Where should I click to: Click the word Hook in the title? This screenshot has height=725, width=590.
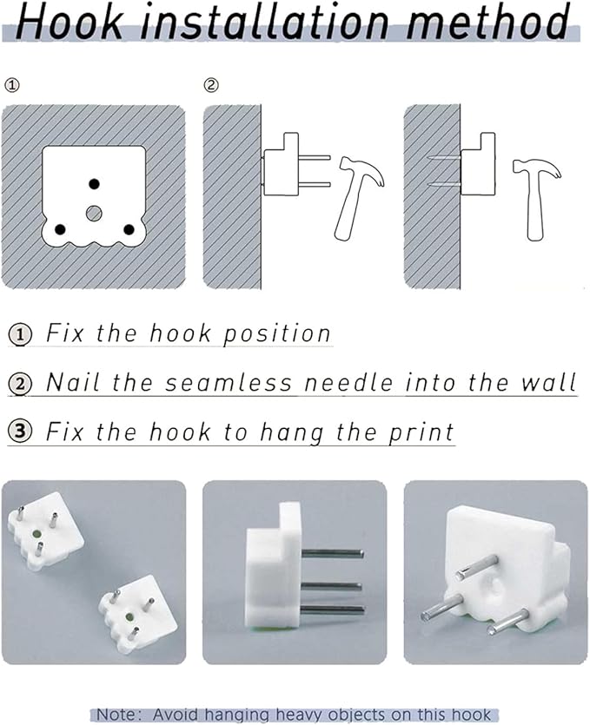point(70,21)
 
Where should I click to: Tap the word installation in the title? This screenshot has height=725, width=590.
point(264,21)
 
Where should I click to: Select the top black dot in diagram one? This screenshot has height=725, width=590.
point(94,184)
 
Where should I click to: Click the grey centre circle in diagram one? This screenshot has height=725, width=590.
point(94,213)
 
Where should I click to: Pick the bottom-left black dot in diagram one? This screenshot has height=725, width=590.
point(60,229)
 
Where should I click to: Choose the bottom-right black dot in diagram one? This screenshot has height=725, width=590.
point(129,229)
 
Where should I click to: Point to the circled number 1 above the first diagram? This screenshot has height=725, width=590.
point(12,85)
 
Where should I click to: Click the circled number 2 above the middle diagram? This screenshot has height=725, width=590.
point(211,85)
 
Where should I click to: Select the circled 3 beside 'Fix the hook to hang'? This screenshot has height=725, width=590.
point(20,431)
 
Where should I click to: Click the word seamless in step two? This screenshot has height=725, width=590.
point(229,383)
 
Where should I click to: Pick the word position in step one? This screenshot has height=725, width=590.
point(277,333)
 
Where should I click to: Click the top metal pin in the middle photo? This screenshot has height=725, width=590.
point(331,552)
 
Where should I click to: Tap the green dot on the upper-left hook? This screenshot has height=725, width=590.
point(36,534)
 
